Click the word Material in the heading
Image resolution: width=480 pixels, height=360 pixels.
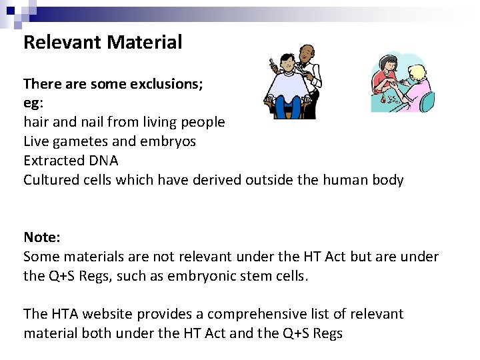(x=144, y=43)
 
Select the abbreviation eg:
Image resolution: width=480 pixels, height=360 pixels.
(x=33, y=104)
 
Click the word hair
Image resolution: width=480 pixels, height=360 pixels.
(x=35, y=122)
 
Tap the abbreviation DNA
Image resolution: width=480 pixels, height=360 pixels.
(x=103, y=161)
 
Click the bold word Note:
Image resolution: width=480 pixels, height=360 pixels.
(x=41, y=237)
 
